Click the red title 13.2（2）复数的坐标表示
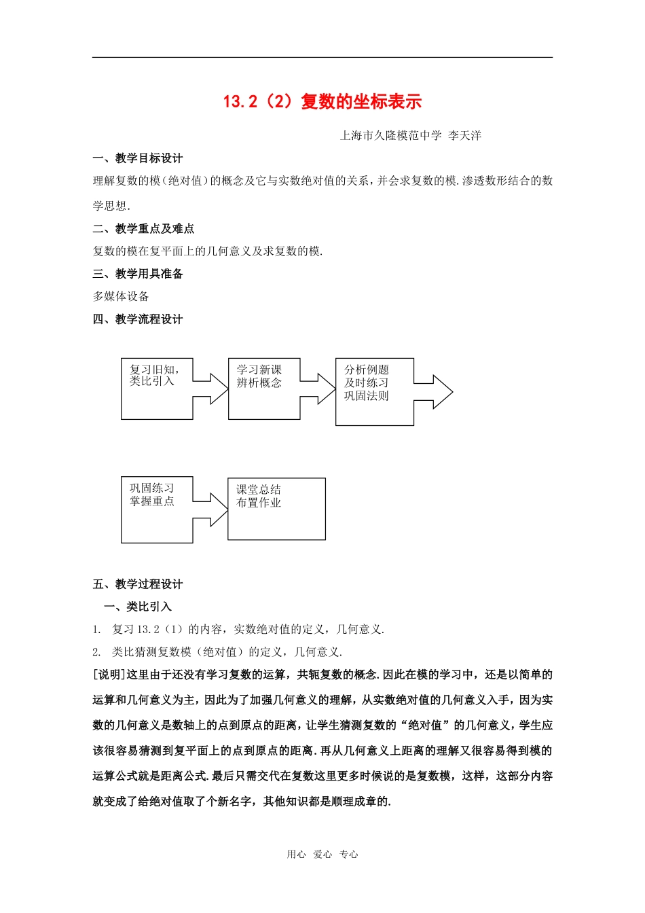click(x=322, y=102)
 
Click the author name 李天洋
click(x=465, y=136)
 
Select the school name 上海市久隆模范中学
click(x=390, y=136)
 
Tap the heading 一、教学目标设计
click(x=138, y=158)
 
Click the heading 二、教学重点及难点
click(x=143, y=229)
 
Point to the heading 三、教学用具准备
click(x=138, y=274)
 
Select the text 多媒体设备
click(x=121, y=296)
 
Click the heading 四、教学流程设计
click(x=138, y=319)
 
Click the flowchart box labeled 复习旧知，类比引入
click(x=157, y=389)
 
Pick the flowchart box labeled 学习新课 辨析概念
click(x=263, y=389)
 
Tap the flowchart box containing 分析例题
click(x=374, y=392)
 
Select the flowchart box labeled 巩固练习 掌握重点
click(x=157, y=509)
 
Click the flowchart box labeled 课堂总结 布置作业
click(x=276, y=509)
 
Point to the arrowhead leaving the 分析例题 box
click(x=442, y=392)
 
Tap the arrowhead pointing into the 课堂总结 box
click(x=219, y=509)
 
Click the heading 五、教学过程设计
click(x=138, y=584)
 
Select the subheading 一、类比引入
click(x=138, y=607)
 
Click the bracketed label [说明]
click(x=109, y=675)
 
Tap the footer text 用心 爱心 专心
click(x=322, y=855)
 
